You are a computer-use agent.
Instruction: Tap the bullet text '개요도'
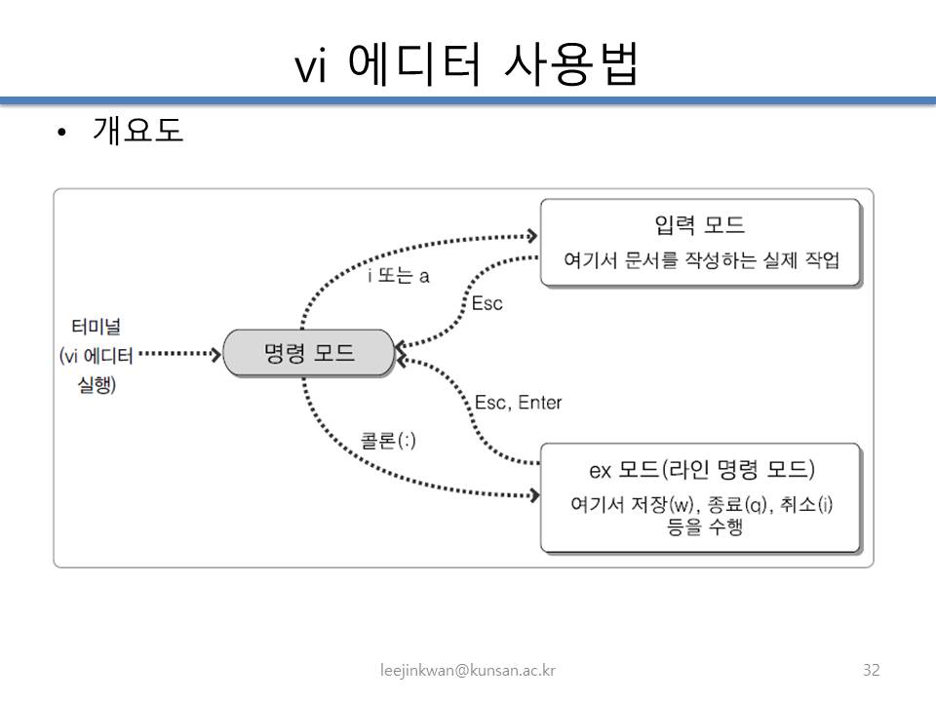coord(137,131)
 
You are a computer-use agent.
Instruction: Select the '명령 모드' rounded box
coord(309,353)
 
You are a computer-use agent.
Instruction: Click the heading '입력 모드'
coord(700,225)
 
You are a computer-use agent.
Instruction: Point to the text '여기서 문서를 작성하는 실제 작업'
coord(701,261)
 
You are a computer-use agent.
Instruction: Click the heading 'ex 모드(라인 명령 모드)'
coord(701,470)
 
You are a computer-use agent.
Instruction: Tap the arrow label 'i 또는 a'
coord(398,276)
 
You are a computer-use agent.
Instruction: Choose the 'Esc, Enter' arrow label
coord(518,403)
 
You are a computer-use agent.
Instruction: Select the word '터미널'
coord(96,326)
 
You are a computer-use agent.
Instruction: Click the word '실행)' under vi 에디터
coord(97,385)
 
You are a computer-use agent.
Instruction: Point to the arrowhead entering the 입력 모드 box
coord(532,236)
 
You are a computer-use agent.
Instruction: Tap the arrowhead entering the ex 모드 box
coord(532,495)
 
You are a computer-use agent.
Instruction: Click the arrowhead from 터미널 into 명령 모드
coord(215,354)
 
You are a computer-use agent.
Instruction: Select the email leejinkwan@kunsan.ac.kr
coord(468,670)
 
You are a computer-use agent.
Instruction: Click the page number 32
coord(872,670)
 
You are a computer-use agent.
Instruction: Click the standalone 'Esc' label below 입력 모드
coord(487,303)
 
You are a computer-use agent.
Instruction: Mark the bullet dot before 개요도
coord(61,134)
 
